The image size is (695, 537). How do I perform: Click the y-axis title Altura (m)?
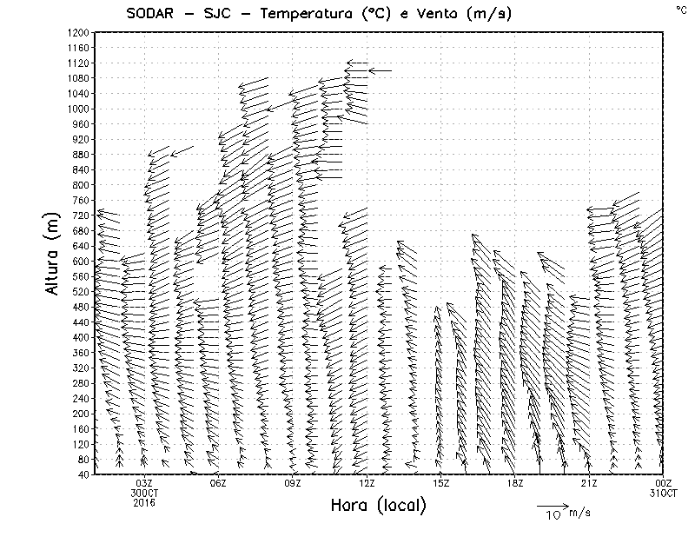click(x=54, y=255)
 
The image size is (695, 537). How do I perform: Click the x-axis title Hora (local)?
click(x=378, y=505)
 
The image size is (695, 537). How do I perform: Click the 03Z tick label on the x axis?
click(x=144, y=483)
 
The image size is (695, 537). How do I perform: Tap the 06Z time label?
click(x=218, y=483)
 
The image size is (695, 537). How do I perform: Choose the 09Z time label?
click(x=293, y=483)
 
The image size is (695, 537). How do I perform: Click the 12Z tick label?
click(x=367, y=483)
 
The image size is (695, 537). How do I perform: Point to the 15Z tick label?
click(x=440, y=483)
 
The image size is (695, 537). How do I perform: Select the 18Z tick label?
click(x=515, y=483)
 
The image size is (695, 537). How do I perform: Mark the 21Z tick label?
click(x=589, y=483)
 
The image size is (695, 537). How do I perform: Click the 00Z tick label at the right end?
click(x=664, y=483)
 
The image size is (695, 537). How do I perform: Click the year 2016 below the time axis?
click(x=144, y=501)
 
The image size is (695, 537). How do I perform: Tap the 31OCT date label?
click(x=664, y=493)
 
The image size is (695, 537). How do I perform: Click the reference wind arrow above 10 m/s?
click(x=552, y=505)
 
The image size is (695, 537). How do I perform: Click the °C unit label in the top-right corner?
click(x=680, y=10)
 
